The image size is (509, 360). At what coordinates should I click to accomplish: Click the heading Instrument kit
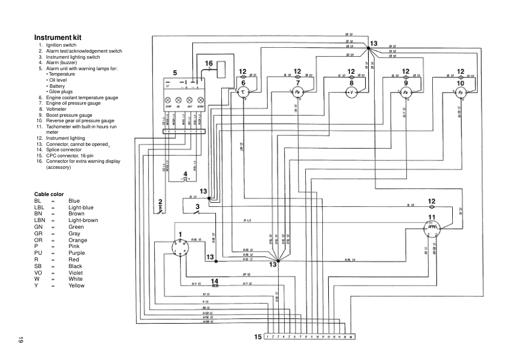click(x=59, y=38)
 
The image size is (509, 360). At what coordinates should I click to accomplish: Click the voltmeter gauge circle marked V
click(x=351, y=92)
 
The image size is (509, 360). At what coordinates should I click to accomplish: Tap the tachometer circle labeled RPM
click(x=432, y=227)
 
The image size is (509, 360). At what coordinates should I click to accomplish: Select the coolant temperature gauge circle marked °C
click(x=244, y=91)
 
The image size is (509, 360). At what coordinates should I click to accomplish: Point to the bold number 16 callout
click(x=209, y=64)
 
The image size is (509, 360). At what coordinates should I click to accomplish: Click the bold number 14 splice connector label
click(x=214, y=281)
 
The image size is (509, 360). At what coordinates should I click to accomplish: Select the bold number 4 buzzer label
click(x=186, y=173)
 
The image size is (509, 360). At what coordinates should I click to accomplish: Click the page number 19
click(x=20, y=339)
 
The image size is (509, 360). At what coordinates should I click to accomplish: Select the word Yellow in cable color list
click(x=77, y=285)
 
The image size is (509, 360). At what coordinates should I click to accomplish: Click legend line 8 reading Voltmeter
click(x=58, y=109)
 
